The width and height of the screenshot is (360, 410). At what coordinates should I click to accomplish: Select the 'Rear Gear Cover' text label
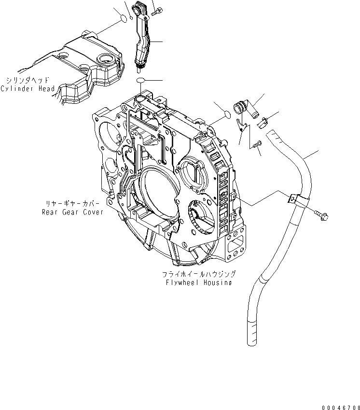pos(72,212)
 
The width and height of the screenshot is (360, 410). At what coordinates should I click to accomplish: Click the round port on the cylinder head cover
pos(104,59)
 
